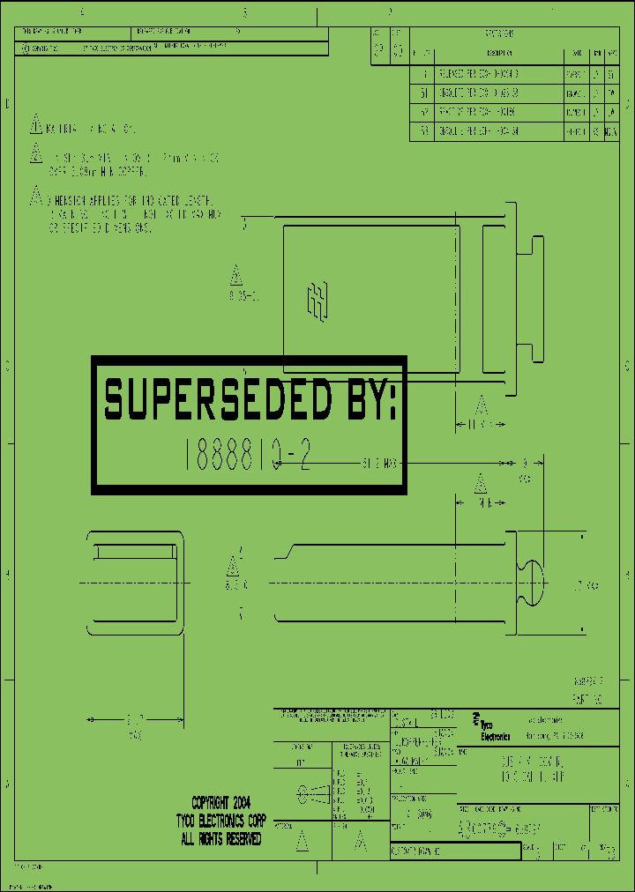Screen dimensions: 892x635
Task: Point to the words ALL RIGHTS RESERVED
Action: coord(220,840)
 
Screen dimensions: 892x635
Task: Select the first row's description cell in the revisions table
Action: coord(499,75)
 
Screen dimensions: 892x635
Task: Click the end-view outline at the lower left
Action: coord(135,582)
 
